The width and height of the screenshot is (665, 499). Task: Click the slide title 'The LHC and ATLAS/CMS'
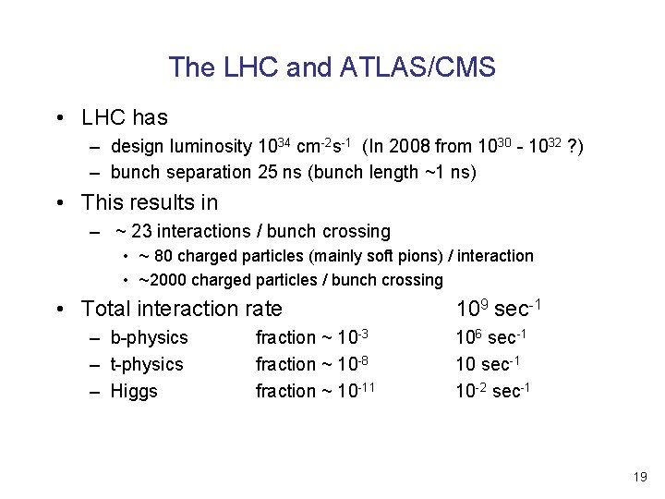(332, 67)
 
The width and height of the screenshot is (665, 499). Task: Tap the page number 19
(640, 477)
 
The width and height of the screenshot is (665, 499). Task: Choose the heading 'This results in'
(150, 201)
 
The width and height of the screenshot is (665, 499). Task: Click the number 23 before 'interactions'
(142, 231)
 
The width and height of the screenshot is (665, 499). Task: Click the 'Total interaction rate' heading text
(182, 309)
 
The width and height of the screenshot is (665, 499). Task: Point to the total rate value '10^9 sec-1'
(497, 308)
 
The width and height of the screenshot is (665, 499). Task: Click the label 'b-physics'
(149, 338)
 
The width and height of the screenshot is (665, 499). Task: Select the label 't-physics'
(147, 364)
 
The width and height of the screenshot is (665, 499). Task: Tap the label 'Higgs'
(134, 391)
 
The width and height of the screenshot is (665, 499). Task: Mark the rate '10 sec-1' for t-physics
(489, 364)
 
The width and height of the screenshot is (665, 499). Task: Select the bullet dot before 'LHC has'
(58, 118)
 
